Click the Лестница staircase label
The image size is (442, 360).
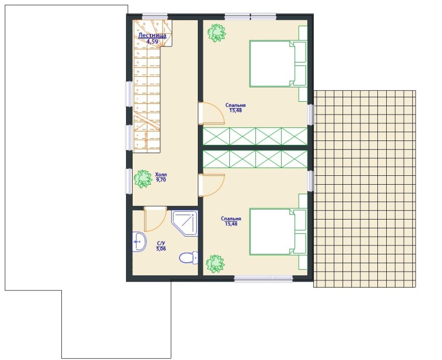coord(152,35)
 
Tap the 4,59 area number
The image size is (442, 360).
coord(152,41)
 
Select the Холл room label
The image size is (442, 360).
coord(161,175)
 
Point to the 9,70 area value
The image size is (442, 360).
coord(161,180)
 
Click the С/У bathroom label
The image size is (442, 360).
coord(161,243)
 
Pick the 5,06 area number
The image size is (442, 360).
coord(161,249)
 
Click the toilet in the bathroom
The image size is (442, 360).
coord(188,257)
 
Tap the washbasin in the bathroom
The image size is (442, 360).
coord(139,242)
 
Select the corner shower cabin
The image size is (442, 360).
coord(185,223)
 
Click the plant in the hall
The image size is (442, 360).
coord(143,179)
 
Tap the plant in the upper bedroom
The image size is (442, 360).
coord(217,33)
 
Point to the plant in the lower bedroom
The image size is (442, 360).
coord(215,264)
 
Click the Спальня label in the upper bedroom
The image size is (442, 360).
coord(235,105)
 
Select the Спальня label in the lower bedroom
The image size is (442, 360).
coord(231,218)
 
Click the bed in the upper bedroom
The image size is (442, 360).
coord(278,64)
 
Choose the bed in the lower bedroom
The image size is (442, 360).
coord(278,232)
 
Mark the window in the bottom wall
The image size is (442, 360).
coord(264,279)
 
